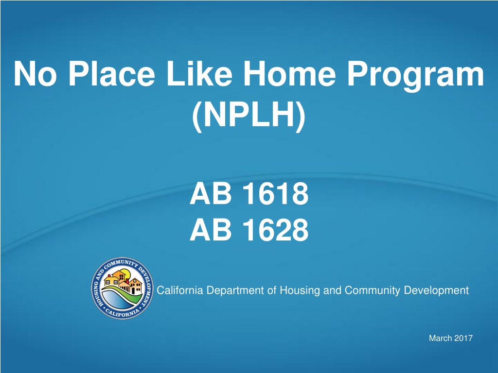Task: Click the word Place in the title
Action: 112,73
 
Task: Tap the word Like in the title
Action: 199,73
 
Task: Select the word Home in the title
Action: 290,73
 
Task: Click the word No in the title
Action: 35,73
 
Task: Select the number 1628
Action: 275,229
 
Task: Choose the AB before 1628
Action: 211,229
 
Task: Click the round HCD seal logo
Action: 122,288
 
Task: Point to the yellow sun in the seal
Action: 124,273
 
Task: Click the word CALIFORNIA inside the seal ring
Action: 122,312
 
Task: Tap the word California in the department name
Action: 180,290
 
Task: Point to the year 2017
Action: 463,338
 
